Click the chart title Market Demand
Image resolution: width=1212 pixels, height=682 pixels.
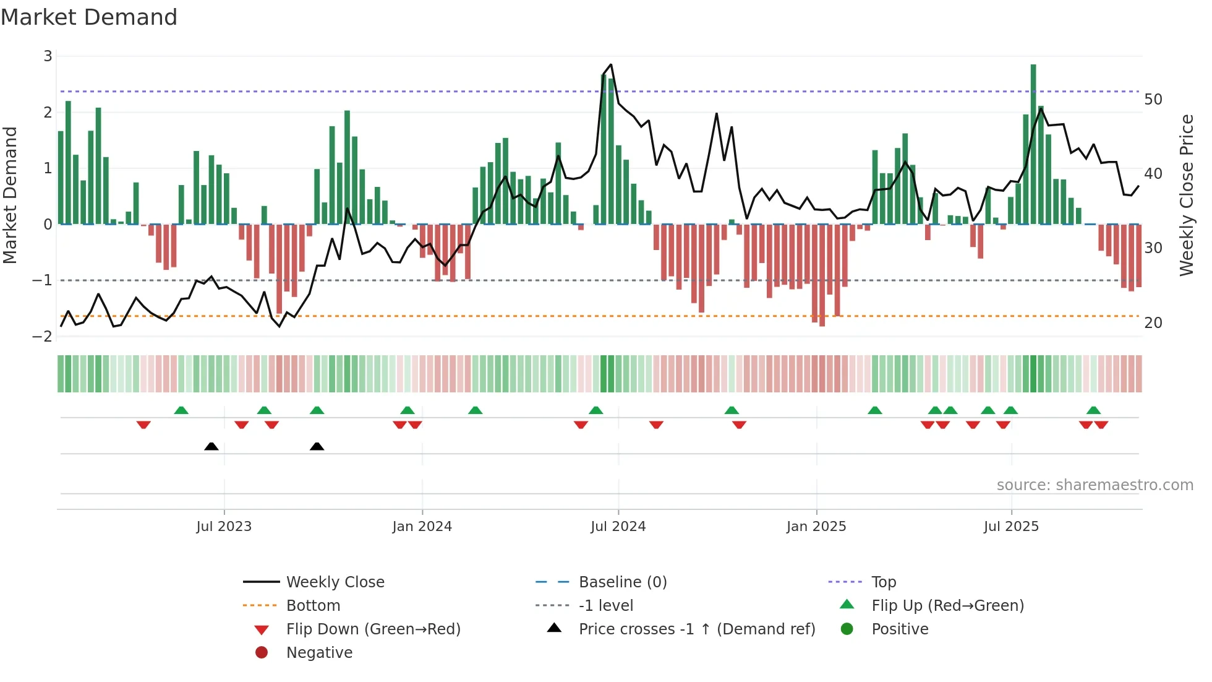pyautogui.click(x=89, y=17)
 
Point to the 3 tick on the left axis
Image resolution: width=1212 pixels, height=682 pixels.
pyautogui.click(x=48, y=56)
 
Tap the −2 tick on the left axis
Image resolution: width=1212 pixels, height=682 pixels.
pyautogui.click(x=43, y=336)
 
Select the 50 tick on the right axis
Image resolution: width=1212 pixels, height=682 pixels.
pyautogui.click(x=1153, y=100)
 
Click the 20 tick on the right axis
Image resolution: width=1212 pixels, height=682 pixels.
pyautogui.click(x=1153, y=323)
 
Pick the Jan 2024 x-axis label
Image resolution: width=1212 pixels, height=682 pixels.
pyautogui.click(x=422, y=527)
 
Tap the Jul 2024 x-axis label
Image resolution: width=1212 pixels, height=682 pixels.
pyautogui.click(x=618, y=527)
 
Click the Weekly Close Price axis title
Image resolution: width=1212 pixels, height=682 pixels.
pyautogui.click(x=1186, y=196)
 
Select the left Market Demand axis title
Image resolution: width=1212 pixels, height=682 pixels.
pyautogui.click(x=11, y=196)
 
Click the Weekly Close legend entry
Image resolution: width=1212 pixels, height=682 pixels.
pyautogui.click(x=335, y=582)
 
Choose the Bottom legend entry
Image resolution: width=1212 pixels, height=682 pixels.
pyautogui.click(x=313, y=606)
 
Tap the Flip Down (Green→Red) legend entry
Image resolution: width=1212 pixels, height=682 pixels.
pyautogui.click(x=373, y=629)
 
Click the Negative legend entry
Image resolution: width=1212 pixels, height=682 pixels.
pyautogui.click(x=319, y=653)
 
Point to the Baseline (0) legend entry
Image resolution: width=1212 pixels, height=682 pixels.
pyautogui.click(x=622, y=582)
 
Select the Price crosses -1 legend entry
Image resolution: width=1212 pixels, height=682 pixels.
pyautogui.click(x=696, y=629)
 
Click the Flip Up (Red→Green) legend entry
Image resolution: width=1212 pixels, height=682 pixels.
pyautogui.click(x=947, y=606)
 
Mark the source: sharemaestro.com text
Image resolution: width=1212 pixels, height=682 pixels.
pyautogui.click(x=1095, y=485)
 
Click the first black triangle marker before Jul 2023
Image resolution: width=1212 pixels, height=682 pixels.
pyautogui.click(x=211, y=446)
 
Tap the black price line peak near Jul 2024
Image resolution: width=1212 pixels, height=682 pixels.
pyautogui.click(x=611, y=65)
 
